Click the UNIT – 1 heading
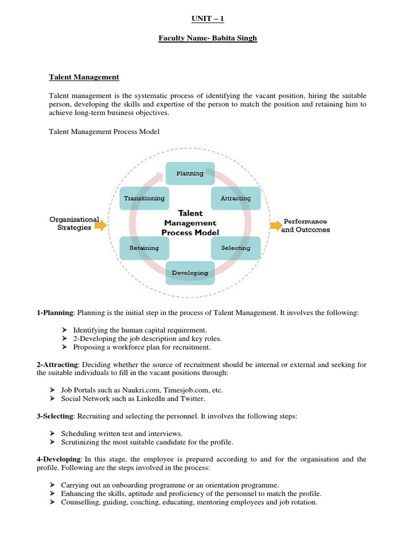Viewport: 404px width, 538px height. [208, 19]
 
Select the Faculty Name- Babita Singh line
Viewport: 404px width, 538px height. [208, 38]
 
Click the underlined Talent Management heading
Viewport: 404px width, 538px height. [84, 77]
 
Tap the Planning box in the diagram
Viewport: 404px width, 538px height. [190, 173]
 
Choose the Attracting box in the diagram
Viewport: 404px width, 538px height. [236, 198]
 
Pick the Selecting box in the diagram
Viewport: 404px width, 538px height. [236, 247]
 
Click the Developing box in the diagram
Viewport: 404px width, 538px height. [190, 273]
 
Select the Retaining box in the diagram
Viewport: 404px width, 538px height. [144, 247]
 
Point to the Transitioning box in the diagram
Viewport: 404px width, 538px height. [144, 198]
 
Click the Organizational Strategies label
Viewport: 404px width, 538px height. [74, 223]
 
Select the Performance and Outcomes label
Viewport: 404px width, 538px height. [306, 225]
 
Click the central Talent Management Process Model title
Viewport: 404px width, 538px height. [190, 223]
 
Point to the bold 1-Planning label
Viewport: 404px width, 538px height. [55, 313]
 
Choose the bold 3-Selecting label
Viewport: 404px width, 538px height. [56, 416]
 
